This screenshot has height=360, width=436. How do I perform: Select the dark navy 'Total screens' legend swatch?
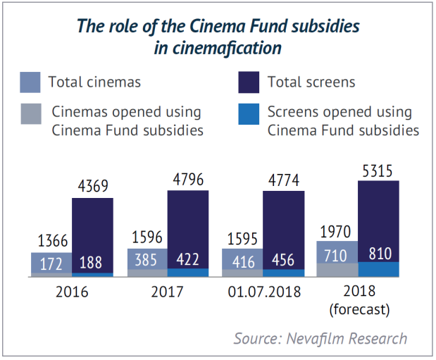click(250, 82)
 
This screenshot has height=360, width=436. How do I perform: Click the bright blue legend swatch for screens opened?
click(250, 120)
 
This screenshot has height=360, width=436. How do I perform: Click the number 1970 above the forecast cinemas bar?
click(337, 230)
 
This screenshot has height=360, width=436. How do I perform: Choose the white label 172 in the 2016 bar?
click(51, 262)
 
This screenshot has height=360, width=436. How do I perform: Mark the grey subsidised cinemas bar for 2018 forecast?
click(337, 270)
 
